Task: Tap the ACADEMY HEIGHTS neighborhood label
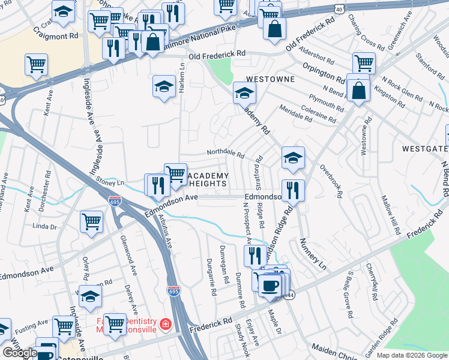click(x=208, y=179)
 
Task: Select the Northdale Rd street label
click(x=225, y=154)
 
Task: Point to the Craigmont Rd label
click(x=56, y=32)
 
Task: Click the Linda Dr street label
click(x=44, y=226)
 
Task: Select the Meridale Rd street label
click(x=295, y=113)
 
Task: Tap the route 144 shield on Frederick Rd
click(x=289, y=295)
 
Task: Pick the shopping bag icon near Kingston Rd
click(x=358, y=91)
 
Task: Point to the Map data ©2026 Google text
click(x=412, y=355)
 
